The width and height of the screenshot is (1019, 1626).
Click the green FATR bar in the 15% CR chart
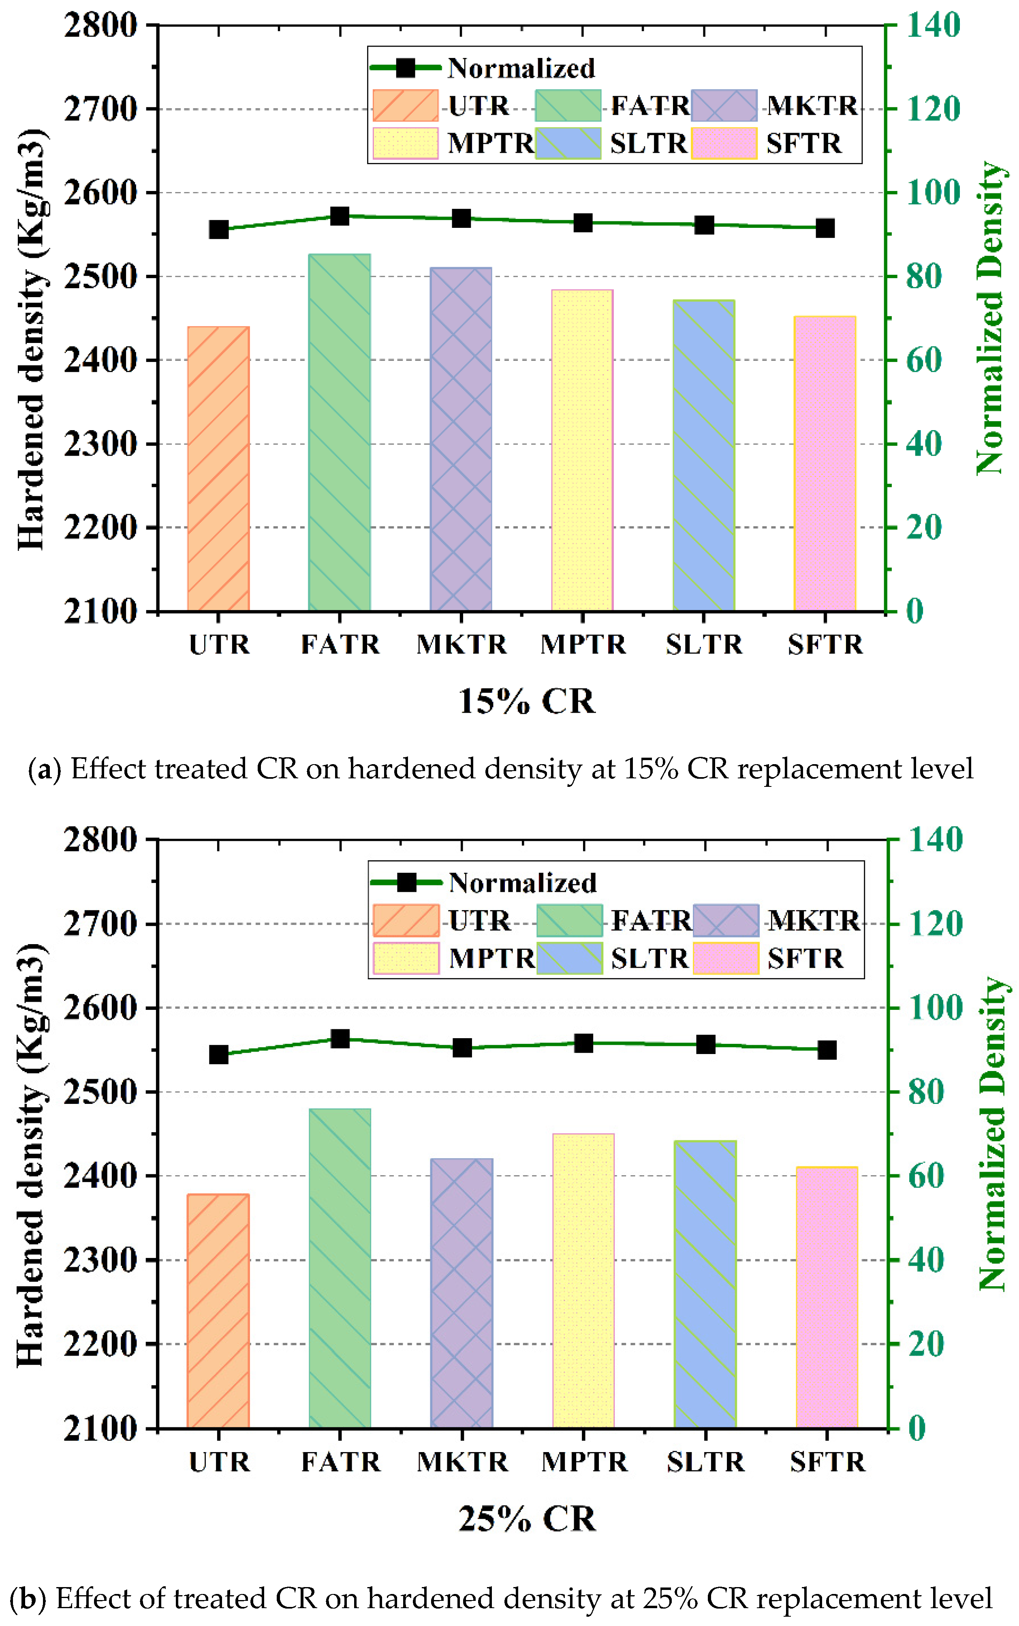[x=340, y=431]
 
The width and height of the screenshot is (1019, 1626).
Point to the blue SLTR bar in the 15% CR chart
[x=704, y=455]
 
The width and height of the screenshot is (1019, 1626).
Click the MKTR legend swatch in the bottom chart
[x=726, y=920]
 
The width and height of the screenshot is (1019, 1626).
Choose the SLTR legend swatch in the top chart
[x=568, y=143]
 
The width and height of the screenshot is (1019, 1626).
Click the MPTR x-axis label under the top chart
[x=583, y=645]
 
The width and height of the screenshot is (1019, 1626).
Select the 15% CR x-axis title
[x=527, y=701]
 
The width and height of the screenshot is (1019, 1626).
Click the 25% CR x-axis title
[x=527, y=1519]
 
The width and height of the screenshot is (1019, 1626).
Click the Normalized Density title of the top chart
[x=991, y=317]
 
